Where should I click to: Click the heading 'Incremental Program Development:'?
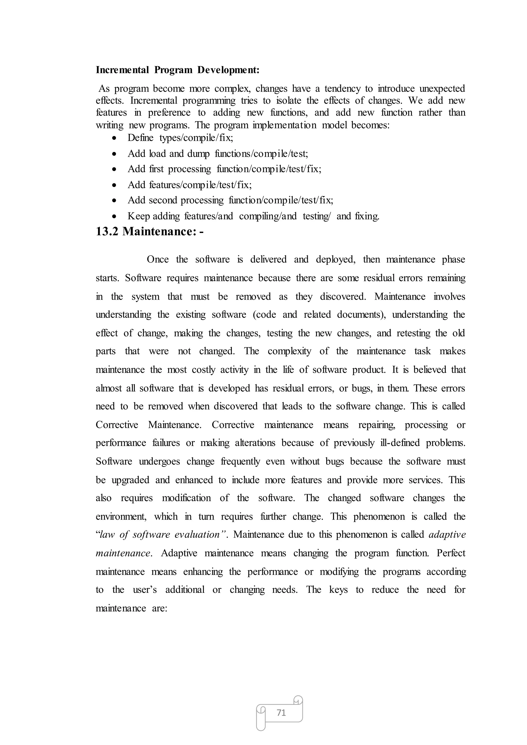(x=178, y=70)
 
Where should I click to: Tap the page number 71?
(x=281, y=713)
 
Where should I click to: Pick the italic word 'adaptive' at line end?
(x=447, y=535)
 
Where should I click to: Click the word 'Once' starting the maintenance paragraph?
(x=158, y=259)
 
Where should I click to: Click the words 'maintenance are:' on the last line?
(x=131, y=608)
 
